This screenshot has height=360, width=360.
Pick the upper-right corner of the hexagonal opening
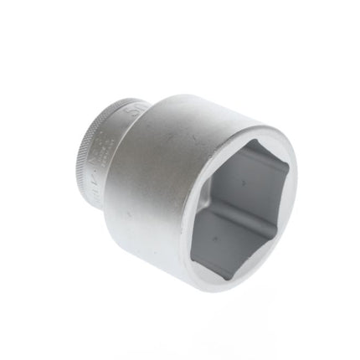[291, 173]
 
